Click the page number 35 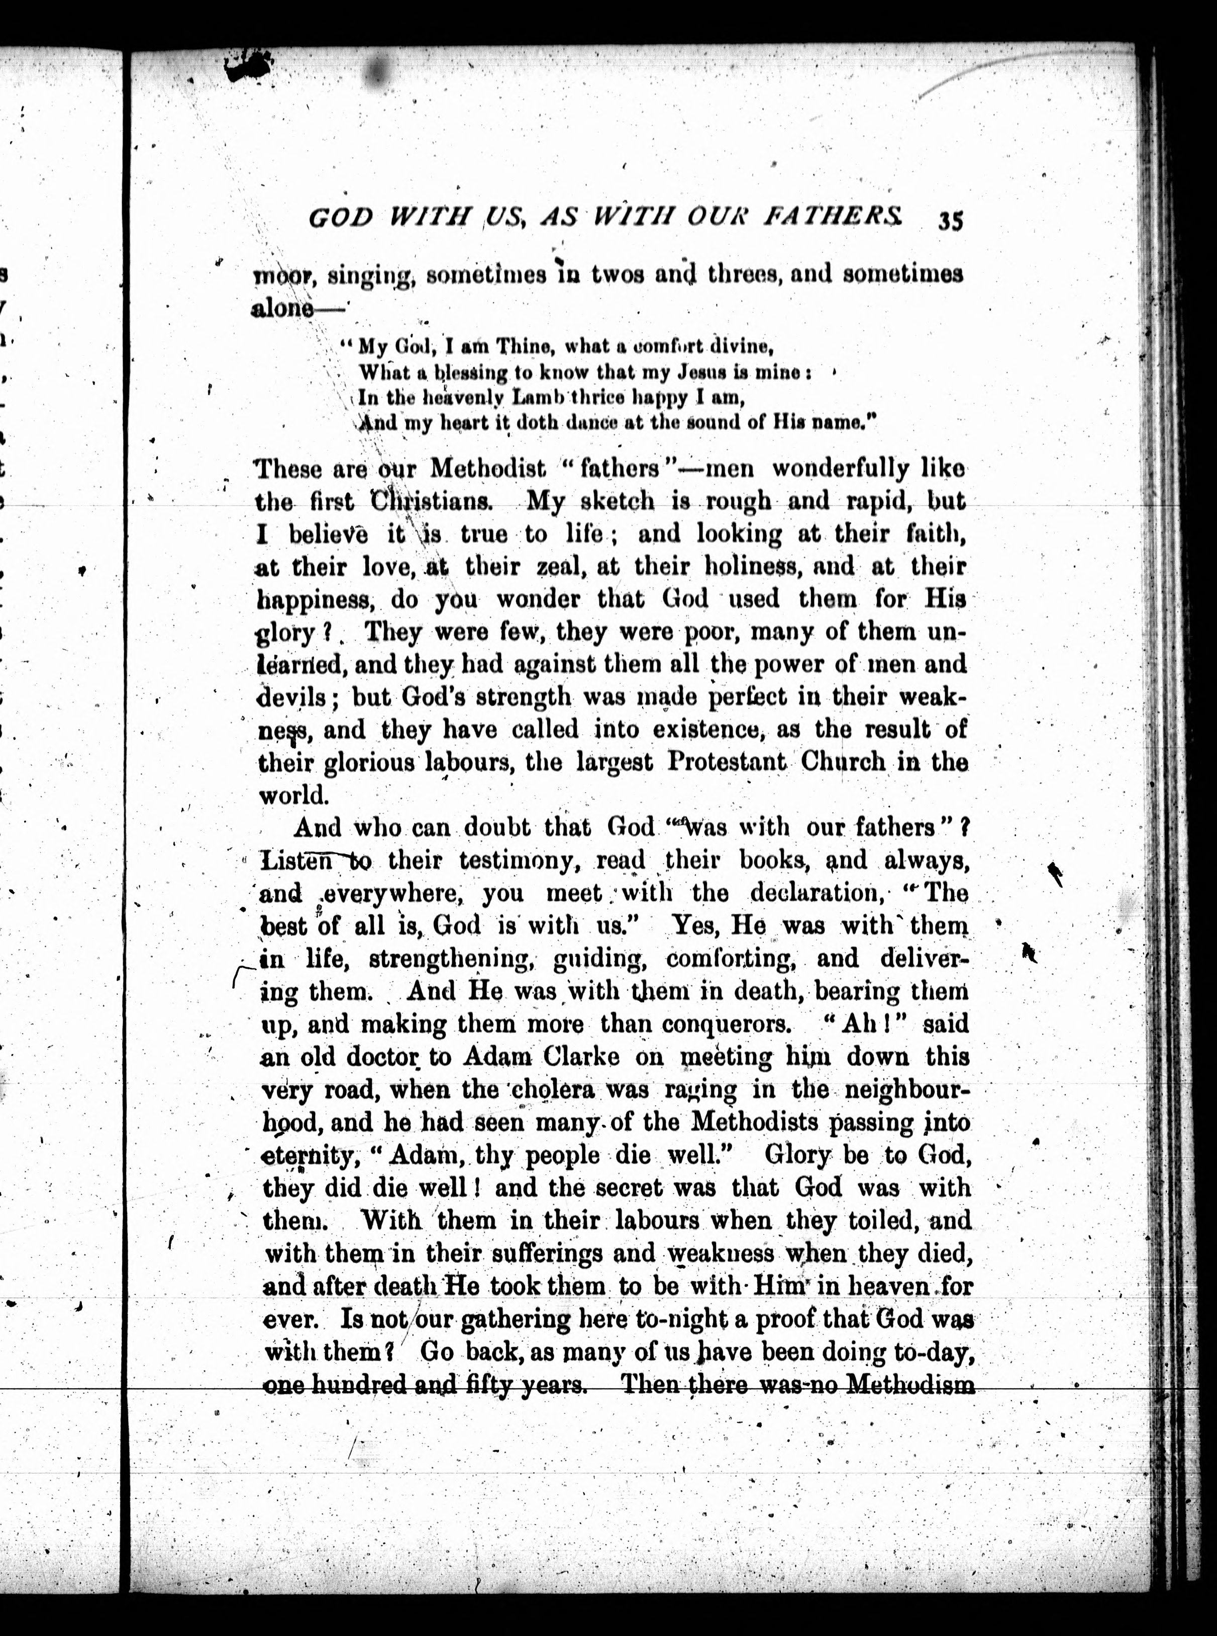point(950,221)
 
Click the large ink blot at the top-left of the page point(248,68)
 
